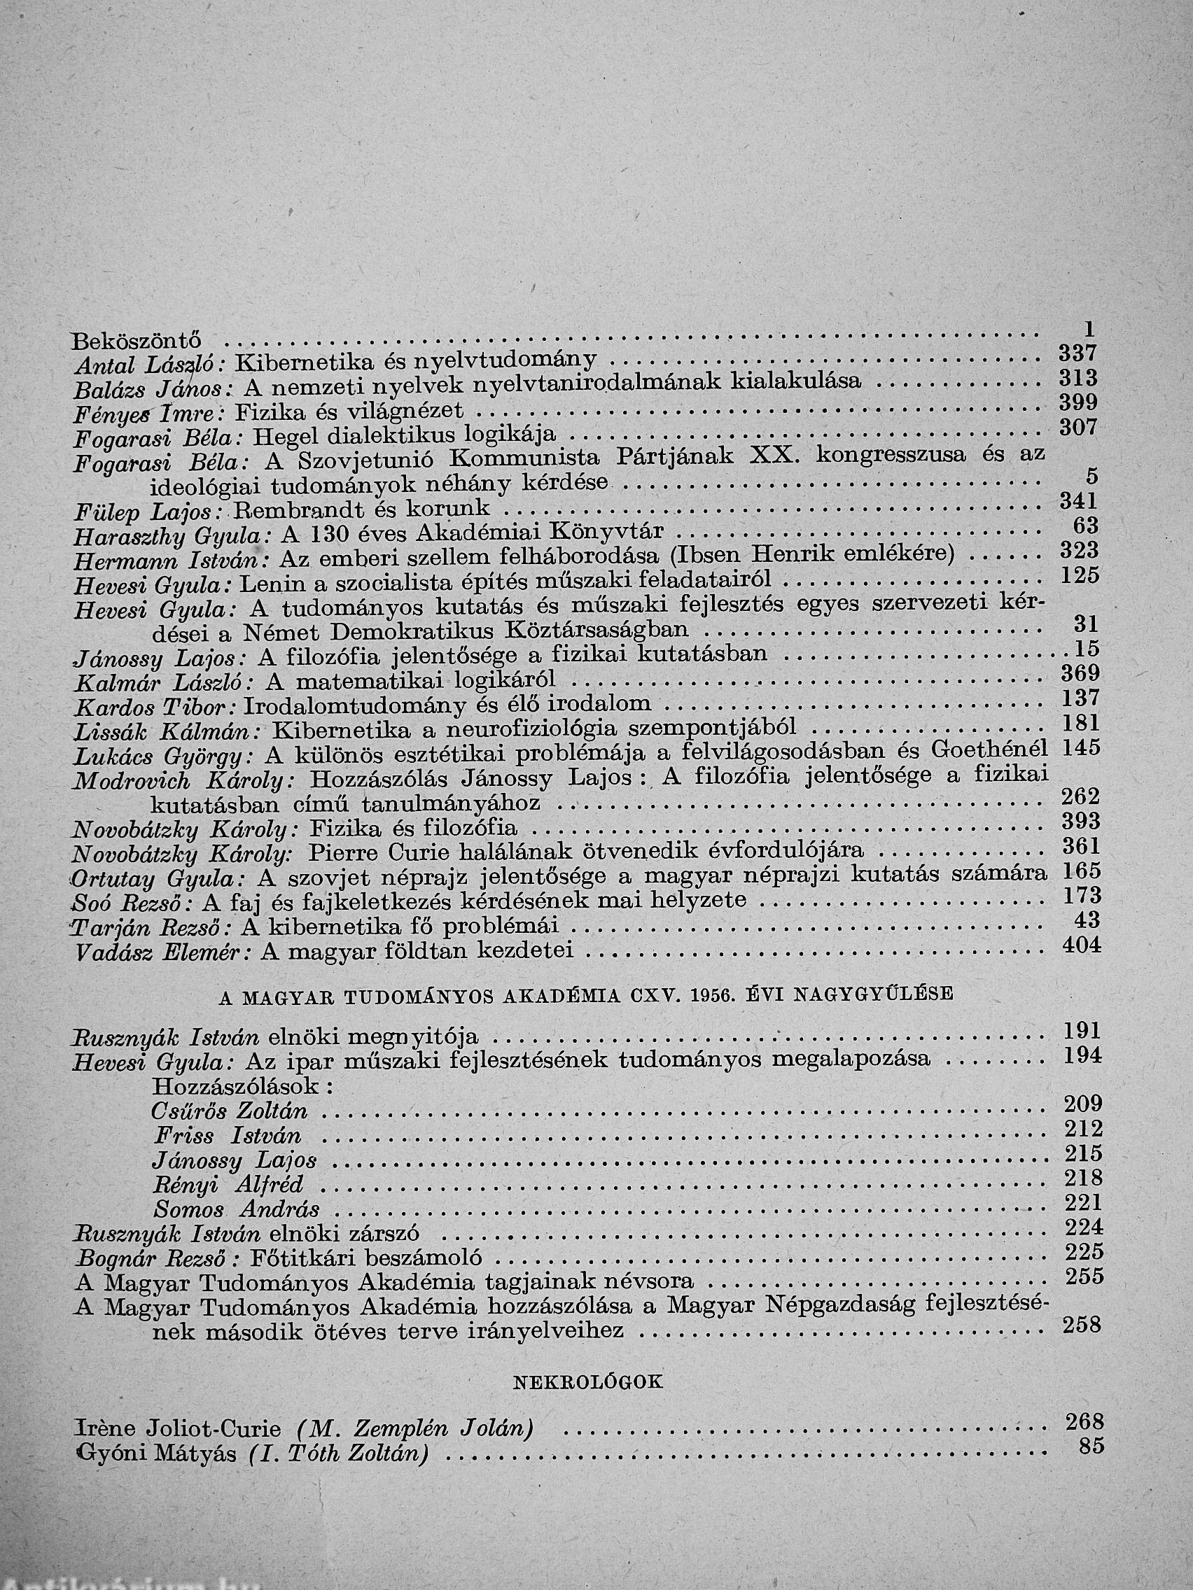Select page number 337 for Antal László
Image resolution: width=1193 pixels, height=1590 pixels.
[x=1078, y=353]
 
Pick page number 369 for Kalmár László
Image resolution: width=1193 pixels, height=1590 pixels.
[x=1080, y=673]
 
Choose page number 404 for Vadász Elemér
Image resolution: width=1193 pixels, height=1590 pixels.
[x=1081, y=946]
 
